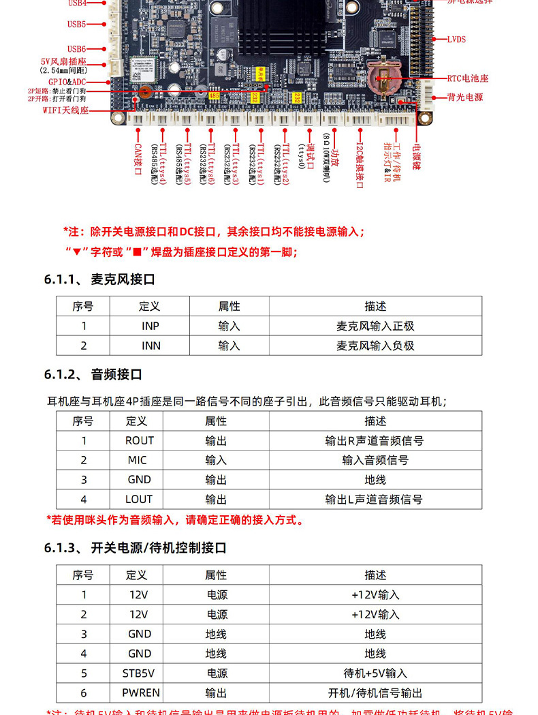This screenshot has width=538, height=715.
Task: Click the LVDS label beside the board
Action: [456, 40]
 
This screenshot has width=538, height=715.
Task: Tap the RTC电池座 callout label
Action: [467, 78]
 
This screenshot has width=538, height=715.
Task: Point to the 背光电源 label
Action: [465, 97]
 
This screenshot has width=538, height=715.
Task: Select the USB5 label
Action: [76, 25]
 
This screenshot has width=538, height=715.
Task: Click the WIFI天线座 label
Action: [65, 110]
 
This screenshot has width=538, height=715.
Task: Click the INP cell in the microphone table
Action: [151, 326]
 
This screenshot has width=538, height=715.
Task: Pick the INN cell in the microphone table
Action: [151, 346]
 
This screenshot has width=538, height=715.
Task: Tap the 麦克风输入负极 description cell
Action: [375, 346]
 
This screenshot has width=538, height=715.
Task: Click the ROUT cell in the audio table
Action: [139, 440]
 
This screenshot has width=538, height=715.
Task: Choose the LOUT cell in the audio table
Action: [139, 500]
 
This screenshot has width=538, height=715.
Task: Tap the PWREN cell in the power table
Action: [140, 693]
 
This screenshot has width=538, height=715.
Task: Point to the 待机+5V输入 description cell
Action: [375, 673]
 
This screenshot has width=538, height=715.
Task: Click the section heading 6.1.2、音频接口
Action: [93, 374]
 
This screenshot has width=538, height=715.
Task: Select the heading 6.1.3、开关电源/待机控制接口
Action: [135, 547]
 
